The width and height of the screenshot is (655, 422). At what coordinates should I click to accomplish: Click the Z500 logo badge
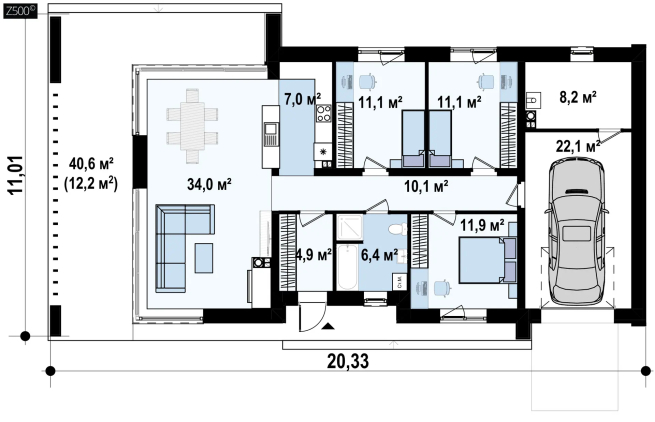pos(20,11)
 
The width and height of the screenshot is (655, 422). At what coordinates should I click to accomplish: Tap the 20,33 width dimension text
pos(348,361)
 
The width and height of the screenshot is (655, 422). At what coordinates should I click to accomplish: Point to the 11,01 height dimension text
pos(15,175)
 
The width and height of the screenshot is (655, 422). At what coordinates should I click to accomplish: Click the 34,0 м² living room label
pos(209,184)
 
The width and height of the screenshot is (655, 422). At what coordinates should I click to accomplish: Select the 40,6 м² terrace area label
pos(91,164)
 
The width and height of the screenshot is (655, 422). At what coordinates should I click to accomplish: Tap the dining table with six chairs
pos(192,125)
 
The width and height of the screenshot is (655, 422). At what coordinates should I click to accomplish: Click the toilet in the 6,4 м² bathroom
pos(397,229)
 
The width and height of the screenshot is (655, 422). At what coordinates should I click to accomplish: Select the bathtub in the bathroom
pos(347,267)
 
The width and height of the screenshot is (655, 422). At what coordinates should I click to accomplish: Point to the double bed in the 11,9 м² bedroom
pos(487,260)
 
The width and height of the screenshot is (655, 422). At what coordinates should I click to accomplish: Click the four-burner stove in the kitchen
pos(323,113)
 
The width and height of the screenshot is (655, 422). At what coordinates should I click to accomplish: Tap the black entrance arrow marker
pos(329,326)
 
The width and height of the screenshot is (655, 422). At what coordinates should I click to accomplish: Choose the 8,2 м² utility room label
pos(578,97)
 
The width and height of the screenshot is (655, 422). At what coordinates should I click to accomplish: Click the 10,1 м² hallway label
pos(426,186)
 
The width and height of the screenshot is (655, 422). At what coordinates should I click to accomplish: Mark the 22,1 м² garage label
pos(578,146)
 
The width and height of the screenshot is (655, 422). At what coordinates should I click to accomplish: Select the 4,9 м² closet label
pos(314,254)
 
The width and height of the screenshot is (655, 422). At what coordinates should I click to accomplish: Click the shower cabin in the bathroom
pos(350,228)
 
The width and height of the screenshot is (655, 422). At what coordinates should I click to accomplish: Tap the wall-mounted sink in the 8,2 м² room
pos(533,100)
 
